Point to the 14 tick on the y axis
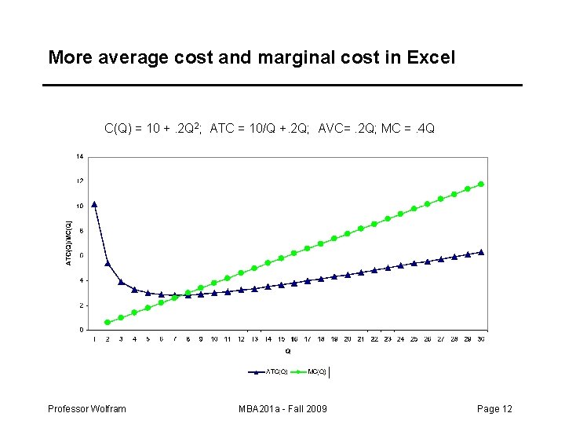tap(79, 156)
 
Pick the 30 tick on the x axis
tap(480, 339)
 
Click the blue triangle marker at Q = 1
tap(94, 204)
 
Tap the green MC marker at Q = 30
tap(481, 184)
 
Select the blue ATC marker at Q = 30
tap(481, 252)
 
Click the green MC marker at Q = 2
tap(108, 322)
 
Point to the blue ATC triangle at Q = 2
tap(108, 263)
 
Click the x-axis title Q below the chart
tap(287, 351)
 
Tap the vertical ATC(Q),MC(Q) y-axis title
tap(68, 243)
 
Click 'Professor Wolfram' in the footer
tap(86, 409)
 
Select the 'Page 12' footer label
tap(494, 409)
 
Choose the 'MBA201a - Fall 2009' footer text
tap(282, 409)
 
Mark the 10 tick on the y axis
tap(79, 206)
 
